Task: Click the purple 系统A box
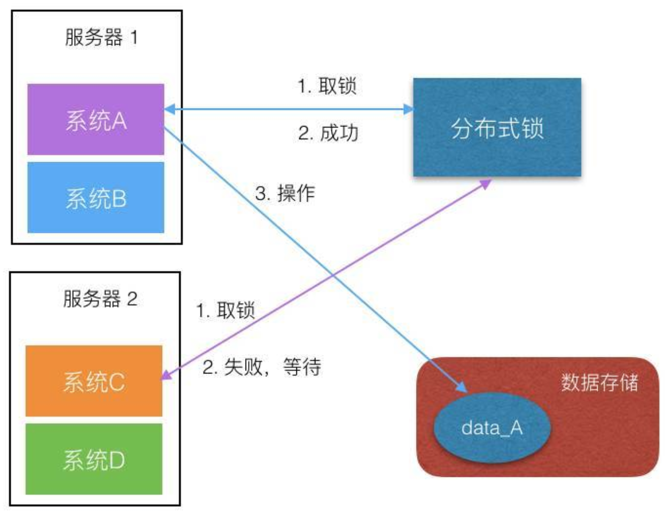[95, 119]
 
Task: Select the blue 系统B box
[95, 197]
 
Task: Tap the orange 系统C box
[94, 381]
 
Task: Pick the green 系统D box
[94, 459]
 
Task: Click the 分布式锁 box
[497, 127]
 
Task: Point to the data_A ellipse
[492, 428]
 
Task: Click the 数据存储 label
[599, 382]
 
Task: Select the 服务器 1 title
[101, 38]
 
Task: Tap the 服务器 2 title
[100, 299]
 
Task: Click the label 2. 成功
[328, 133]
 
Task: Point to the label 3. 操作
[285, 193]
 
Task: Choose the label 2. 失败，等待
[262, 367]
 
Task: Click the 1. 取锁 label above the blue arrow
[327, 86]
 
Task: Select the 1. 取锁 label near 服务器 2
[226, 310]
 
